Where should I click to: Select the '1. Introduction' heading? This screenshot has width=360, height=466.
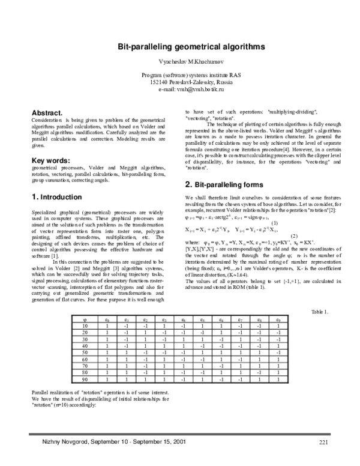(x=56, y=197)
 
